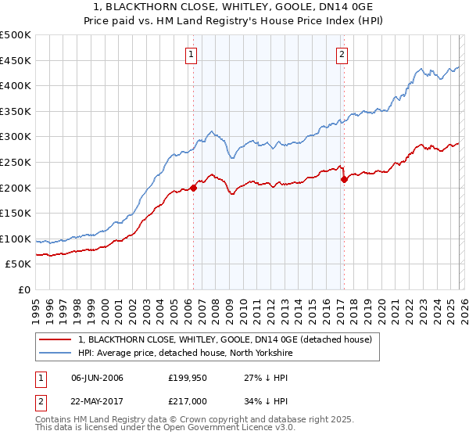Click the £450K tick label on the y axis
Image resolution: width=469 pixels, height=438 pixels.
(16, 60)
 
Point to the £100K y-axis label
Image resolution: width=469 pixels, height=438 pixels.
(16, 239)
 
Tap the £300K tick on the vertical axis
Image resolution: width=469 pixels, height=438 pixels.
(16, 137)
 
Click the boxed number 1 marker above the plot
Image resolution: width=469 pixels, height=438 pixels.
(192, 54)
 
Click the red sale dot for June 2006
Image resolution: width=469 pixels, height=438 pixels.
(193, 188)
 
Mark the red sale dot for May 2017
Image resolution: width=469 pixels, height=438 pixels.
(344, 179)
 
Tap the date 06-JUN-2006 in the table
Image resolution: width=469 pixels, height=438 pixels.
(97, 378)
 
